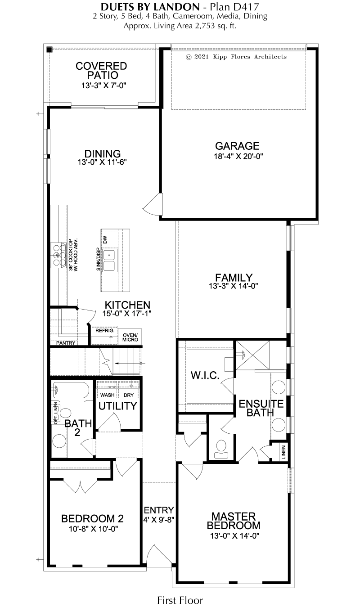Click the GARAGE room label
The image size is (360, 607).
[237, 146]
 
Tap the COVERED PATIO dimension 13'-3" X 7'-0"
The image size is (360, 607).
[104, 85]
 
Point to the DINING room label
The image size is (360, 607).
[103, 153]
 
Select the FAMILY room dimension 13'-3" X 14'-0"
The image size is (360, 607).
[234, 286]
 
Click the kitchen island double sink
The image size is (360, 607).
[110, 260]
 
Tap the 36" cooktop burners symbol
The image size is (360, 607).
[59, 255]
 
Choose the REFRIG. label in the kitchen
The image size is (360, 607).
[105, 331]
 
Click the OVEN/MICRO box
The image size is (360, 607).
[130, 337]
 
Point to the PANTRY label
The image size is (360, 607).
[66, 343]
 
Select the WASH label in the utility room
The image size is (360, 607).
[108, 395]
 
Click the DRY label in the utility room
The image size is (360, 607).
[129, 395]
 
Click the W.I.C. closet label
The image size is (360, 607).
[205, 375]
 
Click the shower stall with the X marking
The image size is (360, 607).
[252, 355]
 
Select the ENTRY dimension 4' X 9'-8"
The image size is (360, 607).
[159, 519]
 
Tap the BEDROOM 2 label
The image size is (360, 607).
[92, 519]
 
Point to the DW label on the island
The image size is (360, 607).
[105, 239]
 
